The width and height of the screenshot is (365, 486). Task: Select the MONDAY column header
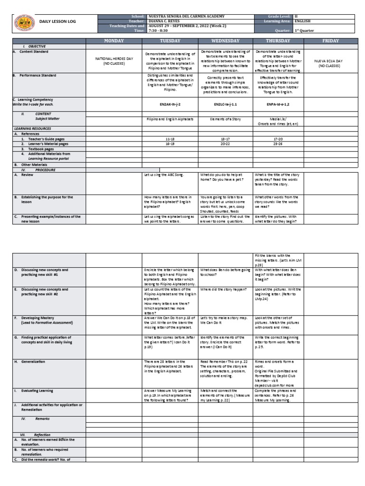point(114,41)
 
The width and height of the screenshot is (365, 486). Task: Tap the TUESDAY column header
point(170,41)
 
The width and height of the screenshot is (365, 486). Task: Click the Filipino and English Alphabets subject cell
point(170,119)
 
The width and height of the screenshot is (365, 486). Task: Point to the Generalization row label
point(33,362)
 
